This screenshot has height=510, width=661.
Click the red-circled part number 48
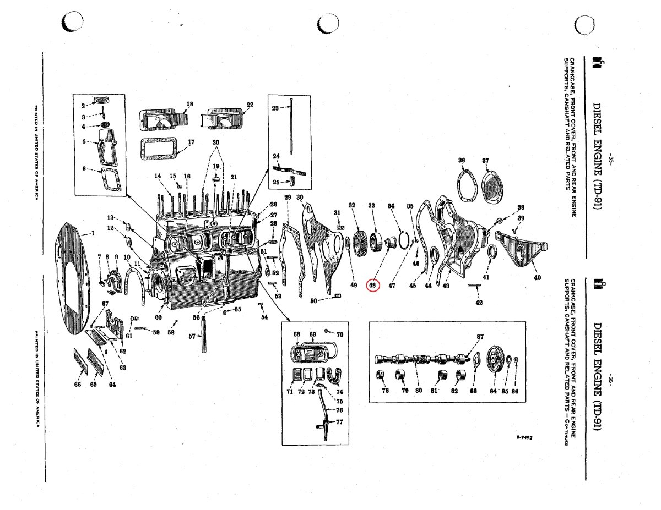coord(373,285)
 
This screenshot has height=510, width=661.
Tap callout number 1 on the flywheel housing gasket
coord(93,233)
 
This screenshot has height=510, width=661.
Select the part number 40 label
coord(537,278)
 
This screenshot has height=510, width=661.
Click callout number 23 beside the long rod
coord(275,108)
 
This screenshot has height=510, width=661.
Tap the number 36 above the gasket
coord(462,161)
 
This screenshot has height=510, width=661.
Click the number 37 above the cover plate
coord(485,161)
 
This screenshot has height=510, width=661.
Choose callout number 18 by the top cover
coord(189,104)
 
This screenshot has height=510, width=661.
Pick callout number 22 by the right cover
coord(250,105)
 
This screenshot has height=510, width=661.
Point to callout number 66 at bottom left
coord(78,385)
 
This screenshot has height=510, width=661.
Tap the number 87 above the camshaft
coord(480,337)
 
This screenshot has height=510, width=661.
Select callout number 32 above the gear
coord(351,206)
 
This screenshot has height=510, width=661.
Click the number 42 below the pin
coord(479,302)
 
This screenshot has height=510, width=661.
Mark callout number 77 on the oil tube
coord(339,422)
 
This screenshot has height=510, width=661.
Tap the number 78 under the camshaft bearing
coord(386,391)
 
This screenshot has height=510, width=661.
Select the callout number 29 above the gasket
coord(287,198)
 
